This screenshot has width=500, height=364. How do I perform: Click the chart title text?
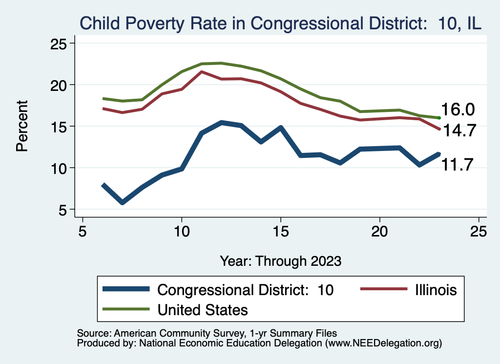click(x=281, y=23)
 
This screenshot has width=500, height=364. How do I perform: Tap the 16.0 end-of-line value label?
click(x=458, y=109)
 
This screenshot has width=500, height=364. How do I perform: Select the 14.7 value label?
click(x=458, y=130)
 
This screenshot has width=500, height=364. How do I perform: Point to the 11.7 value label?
click(x=458, y=165)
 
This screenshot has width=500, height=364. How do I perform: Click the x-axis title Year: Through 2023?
click(x=280, y=260)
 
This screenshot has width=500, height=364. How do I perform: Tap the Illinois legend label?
click(x=432, y=290)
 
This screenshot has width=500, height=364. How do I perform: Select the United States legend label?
click(x=202, y=309)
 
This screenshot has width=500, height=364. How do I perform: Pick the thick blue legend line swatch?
click(x=126, y=289)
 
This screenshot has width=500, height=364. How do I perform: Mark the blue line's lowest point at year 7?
click(x=122, y=202)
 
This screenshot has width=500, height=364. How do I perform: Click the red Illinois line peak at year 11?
click(x=202, y=72)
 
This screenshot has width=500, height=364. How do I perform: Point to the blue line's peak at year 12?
click(x=221, y=123)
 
